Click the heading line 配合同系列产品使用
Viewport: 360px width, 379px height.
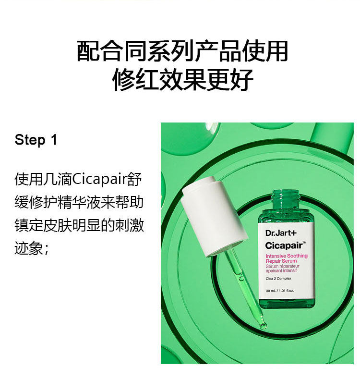pyautogui.click(x=182, y=51)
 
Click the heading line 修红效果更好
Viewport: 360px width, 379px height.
pyautogui.click(x=182, y=80)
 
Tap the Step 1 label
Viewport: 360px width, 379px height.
pyautogui.click(x=36, y=140)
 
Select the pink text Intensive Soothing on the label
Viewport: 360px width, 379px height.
pyautogui.click(x=287, y=256)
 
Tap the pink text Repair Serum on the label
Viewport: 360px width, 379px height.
pyautogui.click(x=281, y=261)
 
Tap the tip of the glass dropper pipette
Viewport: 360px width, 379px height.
pyautogui.click(x=263, y=327)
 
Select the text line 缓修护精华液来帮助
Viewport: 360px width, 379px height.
pyautogui.click(x=79, y=202)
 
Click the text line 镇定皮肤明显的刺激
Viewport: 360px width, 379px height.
pyautogui.click(x=79, y=225)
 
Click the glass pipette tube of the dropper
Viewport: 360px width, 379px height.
pyautogui.click(x=242, y=283)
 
